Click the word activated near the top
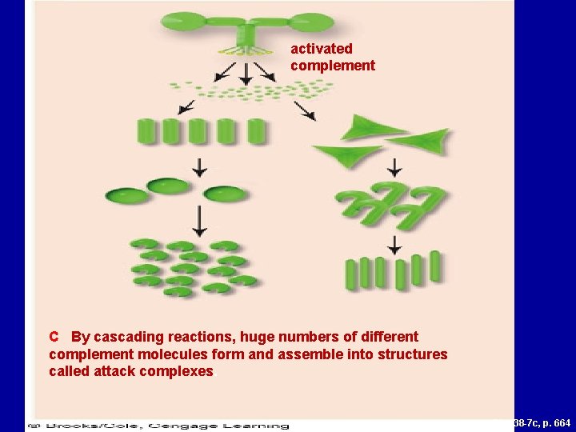(x=321, y=49)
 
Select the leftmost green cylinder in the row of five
(x=148, y=131)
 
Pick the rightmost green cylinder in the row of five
(x=256, y=131)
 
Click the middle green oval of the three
(x=168, y=186)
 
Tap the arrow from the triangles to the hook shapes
(x=394, y=168)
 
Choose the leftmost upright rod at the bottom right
(x=350, y=274)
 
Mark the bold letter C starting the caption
(x=54, y=338)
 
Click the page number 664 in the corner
(x=562, y=422)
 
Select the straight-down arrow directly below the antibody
(x=246, y=74)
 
